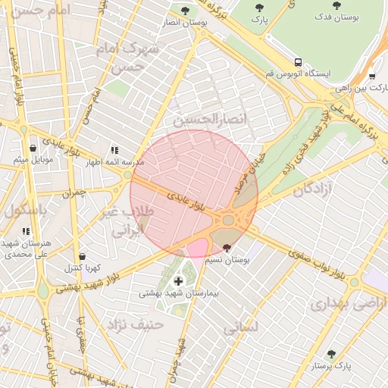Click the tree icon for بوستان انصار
(186, 10)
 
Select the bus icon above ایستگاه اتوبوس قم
(299, 62)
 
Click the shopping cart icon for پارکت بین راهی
(371, 76)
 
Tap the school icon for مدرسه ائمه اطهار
(114, 150)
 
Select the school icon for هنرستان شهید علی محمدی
(26, 231)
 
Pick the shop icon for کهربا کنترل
(82, 256)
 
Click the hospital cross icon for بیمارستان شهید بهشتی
(178, 281)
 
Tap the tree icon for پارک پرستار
(330, 354)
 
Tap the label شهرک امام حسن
(131, 58)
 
